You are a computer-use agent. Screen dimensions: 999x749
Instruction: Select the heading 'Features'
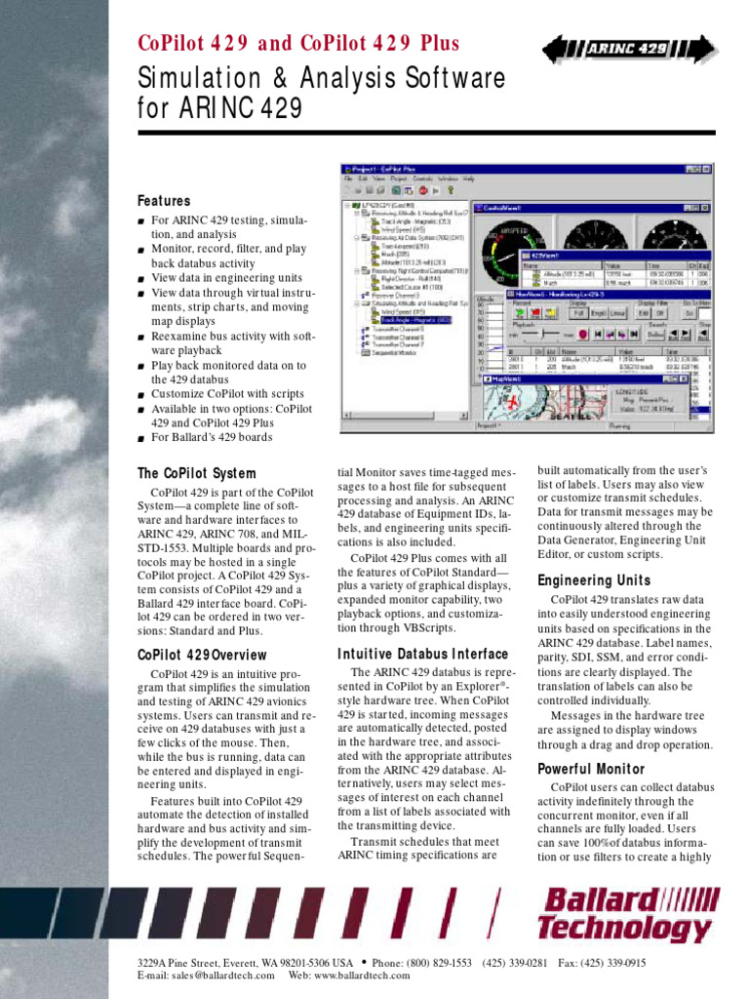click(164, 201)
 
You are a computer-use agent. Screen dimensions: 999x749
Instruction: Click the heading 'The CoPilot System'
click(197, 473)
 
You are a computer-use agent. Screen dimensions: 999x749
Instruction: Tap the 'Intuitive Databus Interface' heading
click(422, 654)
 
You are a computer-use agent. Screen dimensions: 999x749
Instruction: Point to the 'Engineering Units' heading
click(594, 580)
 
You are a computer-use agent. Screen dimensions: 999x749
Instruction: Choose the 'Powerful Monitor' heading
click(591, 769)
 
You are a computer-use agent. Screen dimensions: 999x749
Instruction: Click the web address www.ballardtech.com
click(362, 975)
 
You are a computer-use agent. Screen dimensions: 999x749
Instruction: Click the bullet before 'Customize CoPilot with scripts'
click(141, 394)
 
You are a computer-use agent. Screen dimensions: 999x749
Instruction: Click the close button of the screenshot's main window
click(708, 168)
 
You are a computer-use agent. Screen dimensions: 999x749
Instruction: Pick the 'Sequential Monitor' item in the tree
click(395, 352)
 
